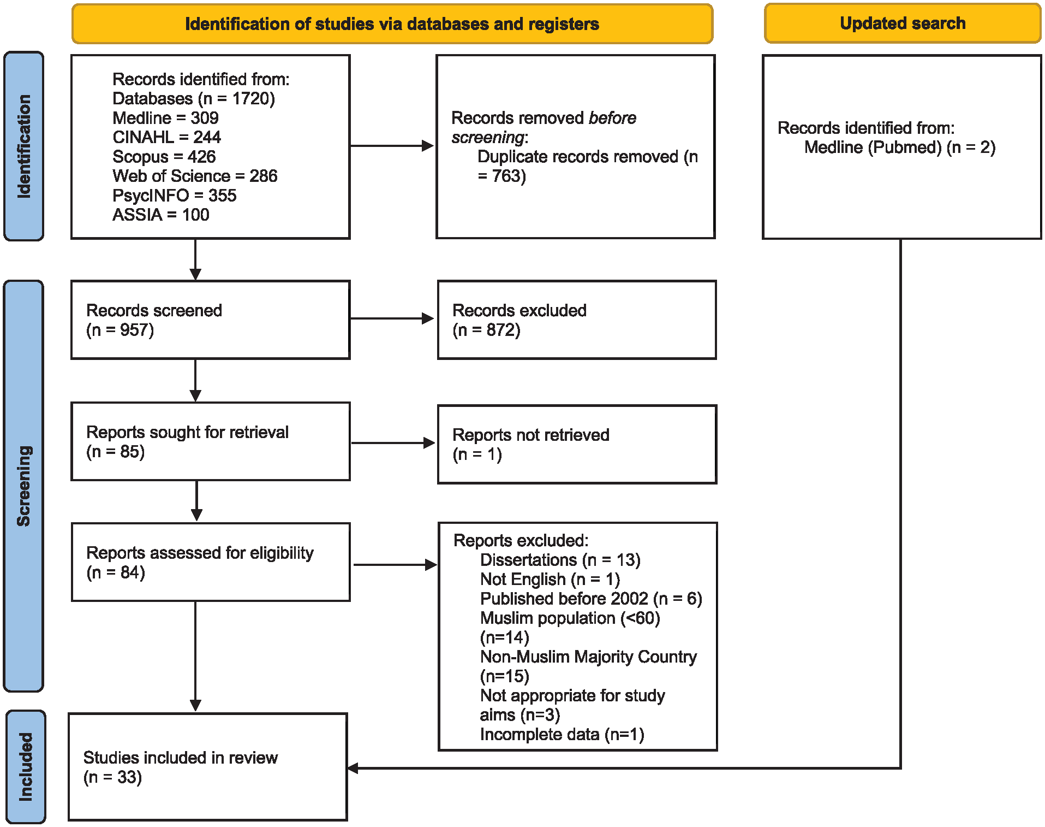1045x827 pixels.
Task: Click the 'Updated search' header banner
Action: pos(903,23)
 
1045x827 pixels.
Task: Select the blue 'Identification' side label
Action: pos(23,146)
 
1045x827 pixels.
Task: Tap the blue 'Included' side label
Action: pos(26,766)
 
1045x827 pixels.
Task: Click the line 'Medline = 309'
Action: pos(165,118)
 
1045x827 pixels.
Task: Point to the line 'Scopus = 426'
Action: pos(164,157)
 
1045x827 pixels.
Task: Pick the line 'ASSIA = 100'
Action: pos(160,215)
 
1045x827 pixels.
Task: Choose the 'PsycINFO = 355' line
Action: pos(174,196)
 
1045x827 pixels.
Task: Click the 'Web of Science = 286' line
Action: pos(195,176)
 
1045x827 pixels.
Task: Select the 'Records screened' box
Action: pos(211,320)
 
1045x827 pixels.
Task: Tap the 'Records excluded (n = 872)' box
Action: pos(577,320)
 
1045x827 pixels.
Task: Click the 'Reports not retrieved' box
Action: pos(577,444)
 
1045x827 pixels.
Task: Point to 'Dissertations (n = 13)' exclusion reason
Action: pos(560,560)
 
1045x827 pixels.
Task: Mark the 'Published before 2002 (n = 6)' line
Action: pos(591,599)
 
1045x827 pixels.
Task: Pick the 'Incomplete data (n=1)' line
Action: pos(562,735)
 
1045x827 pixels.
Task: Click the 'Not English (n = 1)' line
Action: pos(550,579)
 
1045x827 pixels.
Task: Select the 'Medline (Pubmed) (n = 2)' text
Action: pos(900,147)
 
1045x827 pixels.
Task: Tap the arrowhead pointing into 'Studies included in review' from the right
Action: pos(353,768)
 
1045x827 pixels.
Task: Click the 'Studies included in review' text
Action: pos(180,758)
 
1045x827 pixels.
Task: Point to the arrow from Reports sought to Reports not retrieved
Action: pos(393,443)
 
